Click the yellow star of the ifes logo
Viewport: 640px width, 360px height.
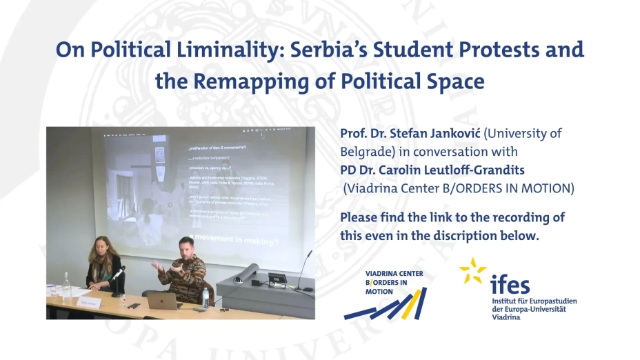point(472,271)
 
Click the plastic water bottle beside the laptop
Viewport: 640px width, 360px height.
point(205,297)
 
